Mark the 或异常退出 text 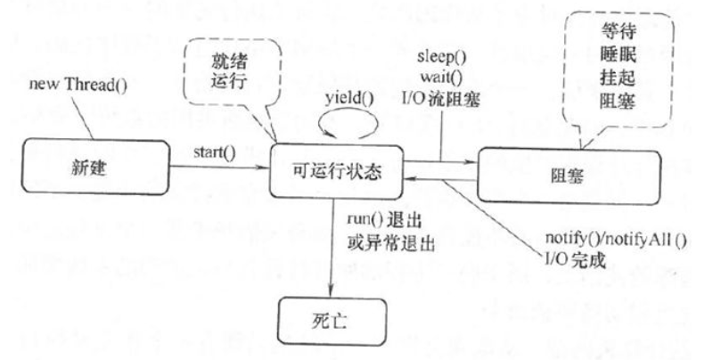coord(385,241)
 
